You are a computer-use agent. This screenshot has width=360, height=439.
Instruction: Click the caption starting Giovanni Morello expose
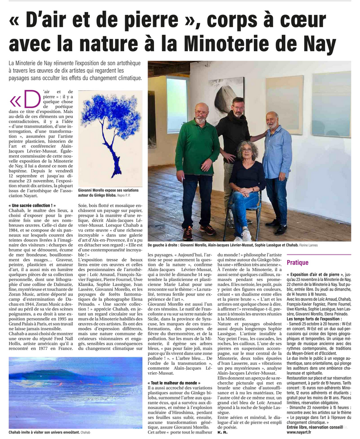click(110, 192)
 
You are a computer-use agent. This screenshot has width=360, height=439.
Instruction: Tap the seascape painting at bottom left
click(75, 400)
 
